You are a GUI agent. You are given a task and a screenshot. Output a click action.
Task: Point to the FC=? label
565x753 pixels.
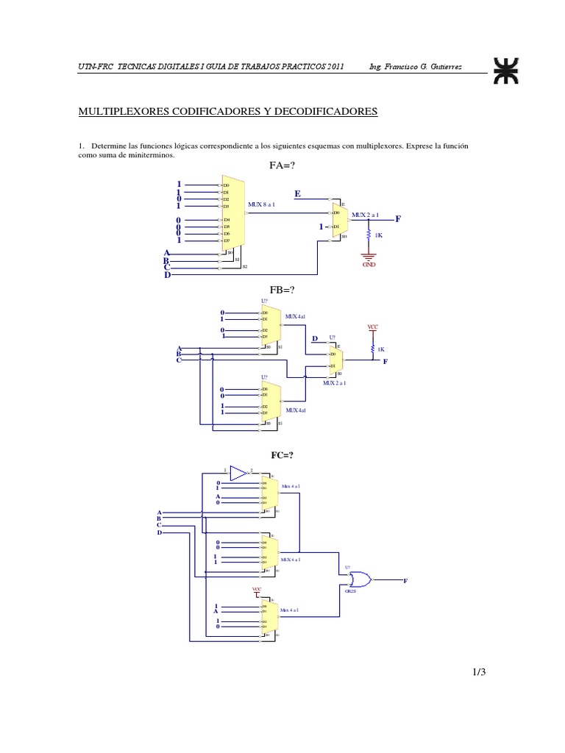[x=282, y=456]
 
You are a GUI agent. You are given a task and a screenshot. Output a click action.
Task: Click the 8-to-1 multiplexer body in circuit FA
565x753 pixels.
[x=234, y=213]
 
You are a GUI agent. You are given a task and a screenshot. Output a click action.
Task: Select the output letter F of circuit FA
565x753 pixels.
[x=398, y=219]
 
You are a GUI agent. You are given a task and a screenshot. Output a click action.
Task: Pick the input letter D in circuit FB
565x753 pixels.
[x=314, y=339]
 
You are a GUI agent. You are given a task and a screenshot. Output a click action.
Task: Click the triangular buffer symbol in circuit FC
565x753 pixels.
[x=238, y=472]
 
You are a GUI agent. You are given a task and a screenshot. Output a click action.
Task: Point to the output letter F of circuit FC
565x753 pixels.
[x=405, y=581]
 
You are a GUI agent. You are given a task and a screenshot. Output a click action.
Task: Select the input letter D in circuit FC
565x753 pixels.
[x=159, y=532]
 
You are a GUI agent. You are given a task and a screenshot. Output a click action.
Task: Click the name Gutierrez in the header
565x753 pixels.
[x=464, y=68]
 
